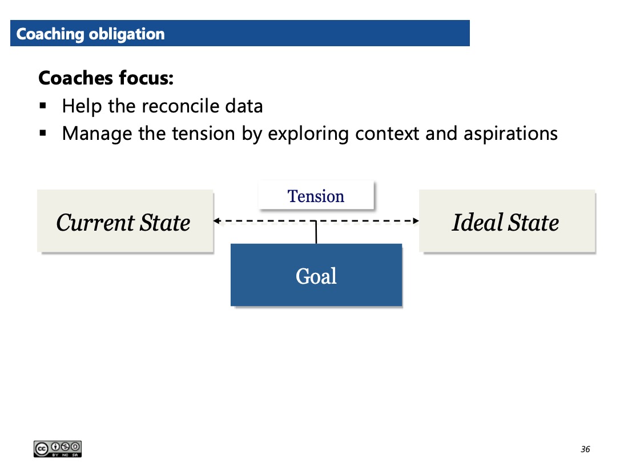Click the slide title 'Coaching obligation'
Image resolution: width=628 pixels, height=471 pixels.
pos(91,34)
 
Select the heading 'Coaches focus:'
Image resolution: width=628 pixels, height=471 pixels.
pos(106,78)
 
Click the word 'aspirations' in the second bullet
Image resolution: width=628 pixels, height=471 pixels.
pos(510,134)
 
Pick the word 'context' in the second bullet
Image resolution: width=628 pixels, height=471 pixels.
pos(387,134)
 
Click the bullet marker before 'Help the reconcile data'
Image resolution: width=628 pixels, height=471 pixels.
pos(43,106)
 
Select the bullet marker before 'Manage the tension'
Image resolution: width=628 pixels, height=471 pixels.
pos(43,134)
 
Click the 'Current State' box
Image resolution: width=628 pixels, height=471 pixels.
pos(125,221)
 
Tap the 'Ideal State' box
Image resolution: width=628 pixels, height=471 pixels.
pos(507,221)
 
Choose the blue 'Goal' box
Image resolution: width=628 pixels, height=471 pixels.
pos(316,275)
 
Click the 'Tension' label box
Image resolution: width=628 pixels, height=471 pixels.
pos(316,195)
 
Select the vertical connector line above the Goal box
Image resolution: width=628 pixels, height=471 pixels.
pos(316,232)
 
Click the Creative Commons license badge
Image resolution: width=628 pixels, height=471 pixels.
pos(58,449)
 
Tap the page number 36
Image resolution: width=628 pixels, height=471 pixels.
pos(585,449)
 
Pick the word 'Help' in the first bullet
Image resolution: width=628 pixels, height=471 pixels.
pos(82,106)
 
